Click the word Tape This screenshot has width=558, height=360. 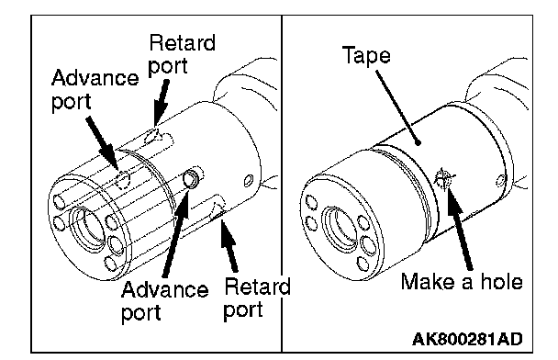click(x=366, y=56)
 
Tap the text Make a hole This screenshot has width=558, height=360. click(x=462, y=281)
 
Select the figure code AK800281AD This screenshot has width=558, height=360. click(x=467, y=339)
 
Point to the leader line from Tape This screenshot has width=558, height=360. click(x=398, y=107)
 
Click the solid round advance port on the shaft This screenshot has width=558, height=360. click(x=191, y=179)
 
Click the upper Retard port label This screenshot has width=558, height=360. click(x=182, y=54)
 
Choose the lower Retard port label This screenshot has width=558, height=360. click(x=257, y=298)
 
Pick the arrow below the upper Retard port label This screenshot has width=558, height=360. click(x=161, y=102)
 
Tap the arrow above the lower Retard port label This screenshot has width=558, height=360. click(x=229, y=246)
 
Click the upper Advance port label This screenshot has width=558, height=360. click(x=95, y=89)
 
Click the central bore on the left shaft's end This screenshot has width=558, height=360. click(x=87, y=228)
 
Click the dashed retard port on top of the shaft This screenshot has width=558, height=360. click(x=153, y=136)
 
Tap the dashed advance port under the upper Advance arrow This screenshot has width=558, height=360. click(x=123, y=179)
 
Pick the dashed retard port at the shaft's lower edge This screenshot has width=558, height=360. click(x=218, y=211)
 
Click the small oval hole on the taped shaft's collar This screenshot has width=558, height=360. click(x=501, y=181)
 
